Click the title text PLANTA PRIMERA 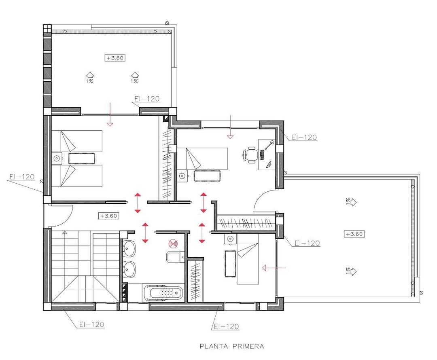pos(232,346)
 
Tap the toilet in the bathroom pos(173,257)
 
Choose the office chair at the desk pos(250,155)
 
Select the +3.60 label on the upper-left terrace pos(115,58)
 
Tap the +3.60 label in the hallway pos(108,216)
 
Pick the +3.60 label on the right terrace pos(354,234)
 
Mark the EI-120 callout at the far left pos(21,177)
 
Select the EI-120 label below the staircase pos(92,324)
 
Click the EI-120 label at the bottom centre pos(226,326)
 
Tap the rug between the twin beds pos(82,158)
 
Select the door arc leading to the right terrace pos(264,201)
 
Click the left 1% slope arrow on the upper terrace pos(89,75)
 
